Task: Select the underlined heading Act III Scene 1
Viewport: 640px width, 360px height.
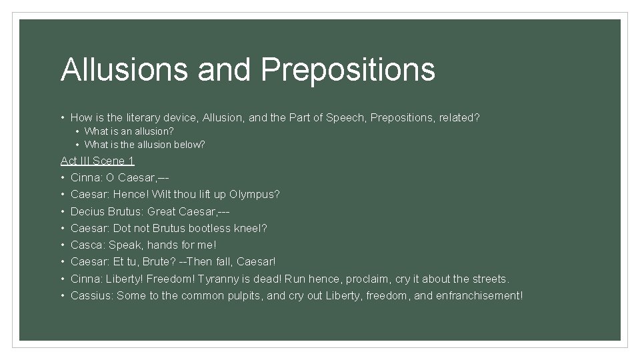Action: [97, 161]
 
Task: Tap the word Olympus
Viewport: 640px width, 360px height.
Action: [254, 195]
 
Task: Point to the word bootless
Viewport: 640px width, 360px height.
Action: [212, 228]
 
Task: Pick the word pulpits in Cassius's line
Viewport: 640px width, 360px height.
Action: [242, 295]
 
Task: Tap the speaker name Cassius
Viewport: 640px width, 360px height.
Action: [91, 295]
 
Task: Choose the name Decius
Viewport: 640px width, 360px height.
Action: [87, 211]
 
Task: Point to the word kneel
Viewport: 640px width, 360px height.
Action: [253, 228]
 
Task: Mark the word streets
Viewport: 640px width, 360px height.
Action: [489, 279]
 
